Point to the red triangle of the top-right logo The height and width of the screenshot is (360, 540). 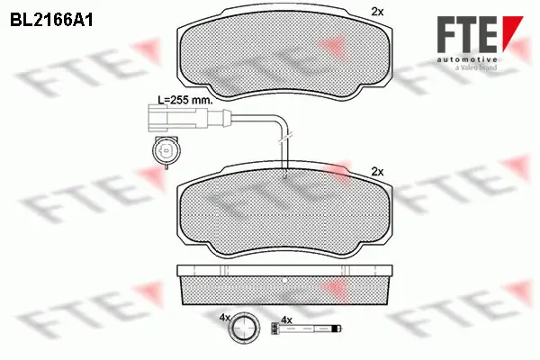513,26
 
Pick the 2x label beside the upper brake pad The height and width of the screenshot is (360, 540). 377,12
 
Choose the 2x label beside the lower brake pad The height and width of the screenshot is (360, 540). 377,171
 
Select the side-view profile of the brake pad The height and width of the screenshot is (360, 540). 284,283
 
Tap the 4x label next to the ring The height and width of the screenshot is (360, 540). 226,319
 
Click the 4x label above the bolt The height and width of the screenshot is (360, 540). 287,320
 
